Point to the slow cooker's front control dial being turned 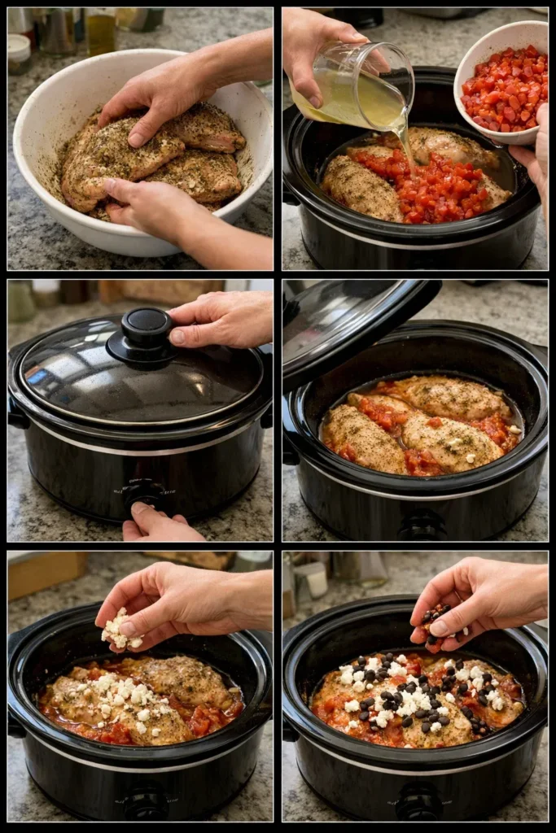point(145,493)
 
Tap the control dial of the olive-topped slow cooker point(419,801)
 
